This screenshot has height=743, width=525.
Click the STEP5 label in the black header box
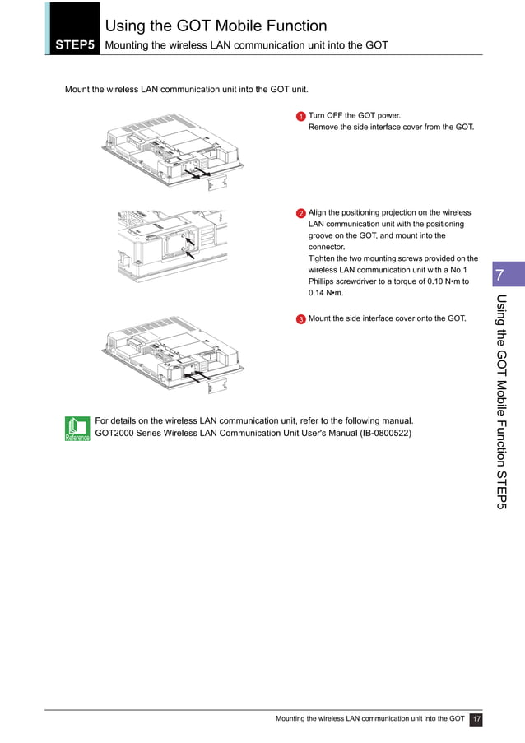click(x=74, y=45)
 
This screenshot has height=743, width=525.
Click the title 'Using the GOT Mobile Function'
click(x=216, y=26)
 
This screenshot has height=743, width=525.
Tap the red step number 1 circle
click(x=301, y=117)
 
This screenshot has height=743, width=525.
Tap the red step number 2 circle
click(x=301, y=214)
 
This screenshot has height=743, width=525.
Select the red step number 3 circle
click(x=301, y=319)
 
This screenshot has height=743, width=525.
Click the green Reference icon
click(x=77, y=429)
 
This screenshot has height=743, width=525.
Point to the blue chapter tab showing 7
click(x=499, y=275)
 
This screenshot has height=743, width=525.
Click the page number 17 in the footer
click(x=476, y=719)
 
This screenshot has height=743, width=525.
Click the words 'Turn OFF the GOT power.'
click(x=355, y=116)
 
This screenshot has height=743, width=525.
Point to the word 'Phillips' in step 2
click(x=323, y=281)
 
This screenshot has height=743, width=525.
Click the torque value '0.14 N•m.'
click(x=326, y=293)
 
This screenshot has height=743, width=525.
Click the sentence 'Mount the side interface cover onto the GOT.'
click(x=387, y=318)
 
